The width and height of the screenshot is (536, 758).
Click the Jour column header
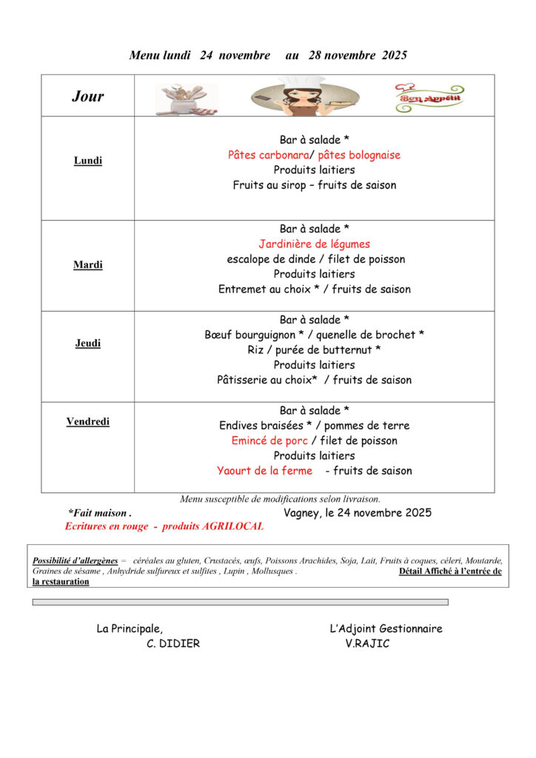(x=87, y=96)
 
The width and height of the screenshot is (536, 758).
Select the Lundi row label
(x=88, y=161)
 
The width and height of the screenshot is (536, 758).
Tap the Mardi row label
(x=88, y=265)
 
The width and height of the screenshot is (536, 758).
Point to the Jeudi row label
(x=88, y=343)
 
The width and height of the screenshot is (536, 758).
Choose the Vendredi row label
(x=88, y=422)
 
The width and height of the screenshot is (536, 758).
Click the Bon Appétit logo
(x=429, y=98)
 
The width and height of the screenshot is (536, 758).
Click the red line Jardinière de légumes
(x=314, y=244)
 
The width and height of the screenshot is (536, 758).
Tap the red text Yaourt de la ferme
(x=264, y=471)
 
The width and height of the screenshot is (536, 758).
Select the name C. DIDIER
(x=173, y=644)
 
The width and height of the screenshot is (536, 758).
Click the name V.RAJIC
(x=367, y=644)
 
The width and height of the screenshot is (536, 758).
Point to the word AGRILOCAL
(x=229, y=526)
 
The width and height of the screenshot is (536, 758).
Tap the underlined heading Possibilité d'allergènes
(x=75, y=561)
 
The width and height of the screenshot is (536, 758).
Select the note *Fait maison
(x=99, y=512)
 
